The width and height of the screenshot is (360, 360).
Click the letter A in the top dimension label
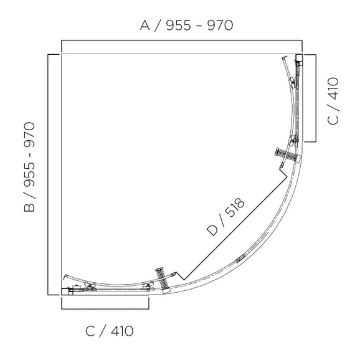tap(145, 26)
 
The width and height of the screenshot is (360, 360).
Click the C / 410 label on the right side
tap(333, 101)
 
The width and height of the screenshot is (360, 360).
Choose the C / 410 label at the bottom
tap(110, 330)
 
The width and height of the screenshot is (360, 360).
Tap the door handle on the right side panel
tap(283, 153)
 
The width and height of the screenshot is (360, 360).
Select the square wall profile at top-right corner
tap(299, 59)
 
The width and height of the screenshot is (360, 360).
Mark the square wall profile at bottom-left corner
tap(66, 289)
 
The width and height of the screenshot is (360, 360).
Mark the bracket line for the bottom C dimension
tap(105, 308)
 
